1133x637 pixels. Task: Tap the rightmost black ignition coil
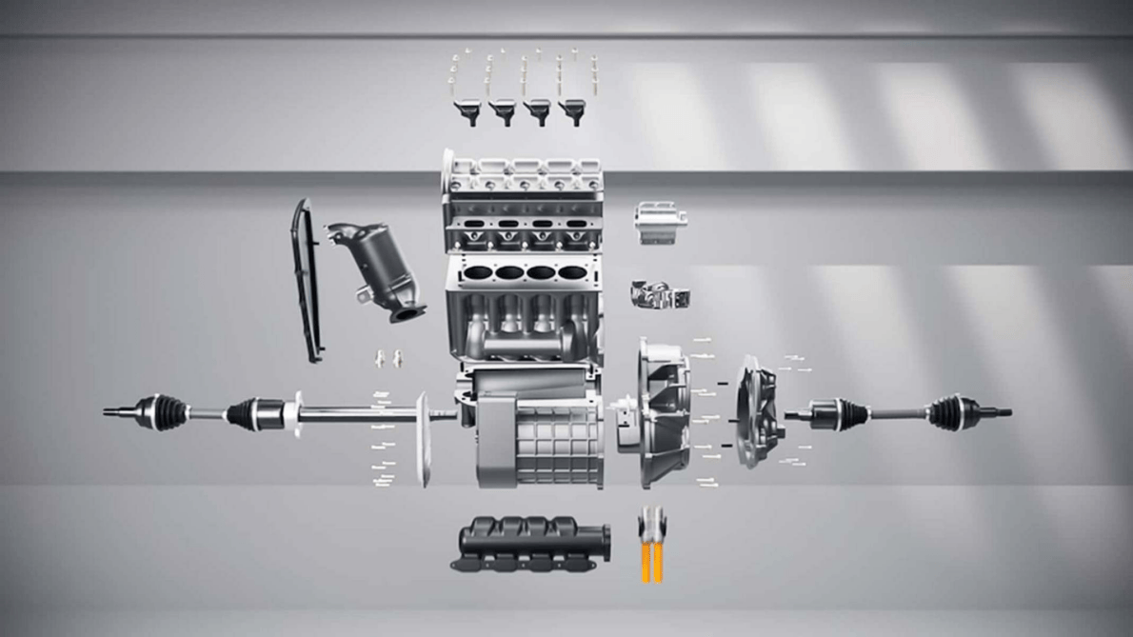click(572, 110)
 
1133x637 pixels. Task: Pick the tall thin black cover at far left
click(307, 281)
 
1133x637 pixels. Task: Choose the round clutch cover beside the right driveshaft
click(758, 411)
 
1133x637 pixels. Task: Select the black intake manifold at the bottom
click(533, 545)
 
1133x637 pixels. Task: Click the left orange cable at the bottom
click(646, 562)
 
